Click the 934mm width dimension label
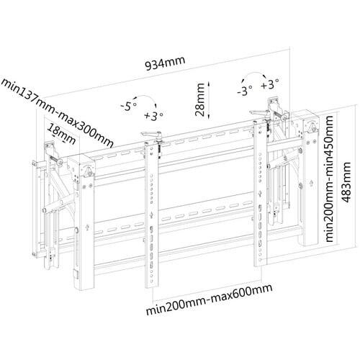click(166, 63)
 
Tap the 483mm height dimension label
click(346, 182)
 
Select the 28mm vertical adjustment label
click(199, 99)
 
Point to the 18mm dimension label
click(62, 134)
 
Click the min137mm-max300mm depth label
click(57, 112)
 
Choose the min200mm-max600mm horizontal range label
click(210, 300)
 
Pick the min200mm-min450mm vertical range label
click(328, 179)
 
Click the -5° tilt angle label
click(128, 106)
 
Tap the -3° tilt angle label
click(245, 91)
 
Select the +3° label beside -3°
click(270, 84)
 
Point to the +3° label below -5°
click(154, 115)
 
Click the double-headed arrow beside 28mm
click(209, 99)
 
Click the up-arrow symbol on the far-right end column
click(311, 183)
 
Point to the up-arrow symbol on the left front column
click(87, 227)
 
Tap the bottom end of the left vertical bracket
click(152, 287)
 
